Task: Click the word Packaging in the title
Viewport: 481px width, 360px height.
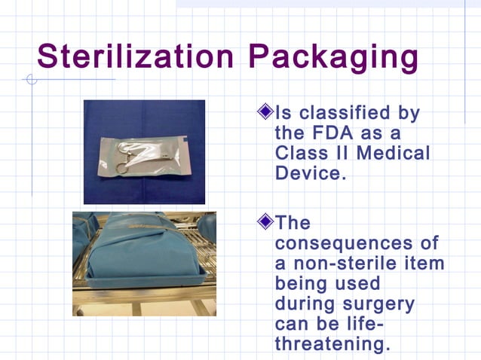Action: coord(335,58)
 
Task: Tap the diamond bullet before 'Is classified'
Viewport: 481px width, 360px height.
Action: coord(265,113)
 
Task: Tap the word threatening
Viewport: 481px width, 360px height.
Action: coord(332,343)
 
